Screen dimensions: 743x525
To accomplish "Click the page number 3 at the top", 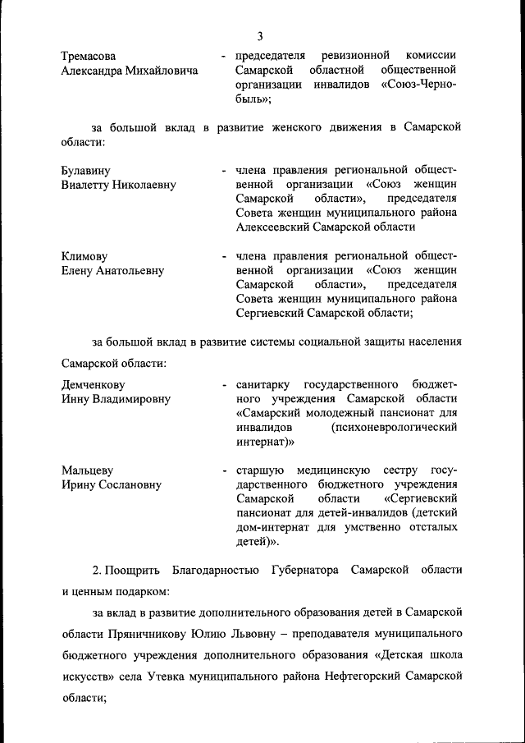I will [260, 35].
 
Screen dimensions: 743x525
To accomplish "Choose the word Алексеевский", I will [274, 227].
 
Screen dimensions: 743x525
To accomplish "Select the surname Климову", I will [84, 256].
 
